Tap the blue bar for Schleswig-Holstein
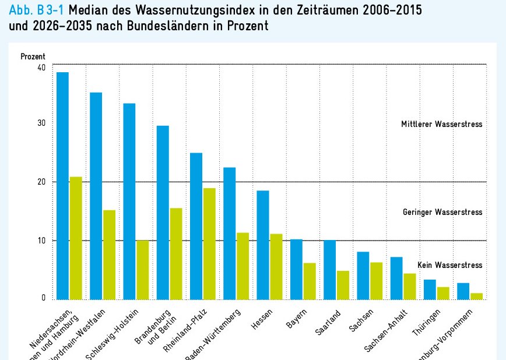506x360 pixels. tap(129, 201)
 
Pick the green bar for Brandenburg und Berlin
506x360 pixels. tap(176, 253)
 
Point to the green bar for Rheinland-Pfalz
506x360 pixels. tap(209, 243)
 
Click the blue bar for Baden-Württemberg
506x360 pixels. tap(230, 233)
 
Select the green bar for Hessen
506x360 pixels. tap(276, 266)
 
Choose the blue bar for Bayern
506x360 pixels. tap(296, 269)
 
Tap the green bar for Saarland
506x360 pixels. tap(343, 285)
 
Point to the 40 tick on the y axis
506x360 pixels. tap(40, 67)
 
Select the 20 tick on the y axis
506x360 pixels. tap(40, 182)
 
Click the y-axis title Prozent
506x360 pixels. tap(33, 57)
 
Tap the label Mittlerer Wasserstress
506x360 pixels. tap(441, 125)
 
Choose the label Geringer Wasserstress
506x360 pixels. tap(442, 212)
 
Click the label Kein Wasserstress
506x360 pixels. tap(450, 265)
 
